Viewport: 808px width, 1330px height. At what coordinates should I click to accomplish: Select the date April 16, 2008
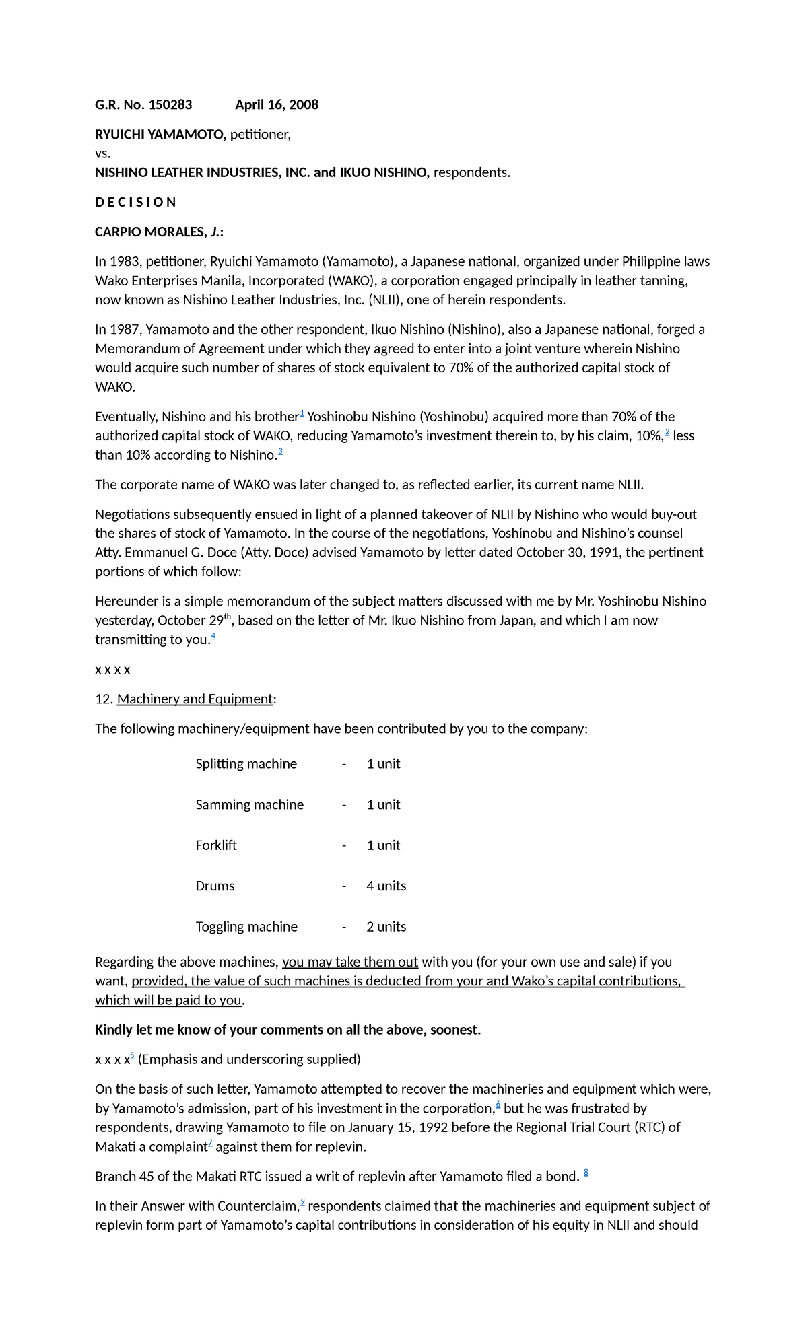[277, 104]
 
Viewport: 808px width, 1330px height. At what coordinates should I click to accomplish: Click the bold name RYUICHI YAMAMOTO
[160, 135]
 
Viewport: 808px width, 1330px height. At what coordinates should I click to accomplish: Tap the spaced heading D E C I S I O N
[135, 202]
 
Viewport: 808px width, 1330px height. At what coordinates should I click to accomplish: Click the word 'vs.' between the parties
[102, 153]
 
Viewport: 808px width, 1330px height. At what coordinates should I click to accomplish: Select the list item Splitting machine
[246, 764]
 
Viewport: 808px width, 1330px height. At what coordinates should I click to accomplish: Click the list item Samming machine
[249, 804]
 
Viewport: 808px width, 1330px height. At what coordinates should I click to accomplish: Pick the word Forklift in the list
[216, 845]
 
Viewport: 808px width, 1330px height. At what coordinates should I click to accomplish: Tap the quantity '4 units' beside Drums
[386, 886]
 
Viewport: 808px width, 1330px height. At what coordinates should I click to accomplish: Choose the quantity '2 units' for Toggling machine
[386, 927]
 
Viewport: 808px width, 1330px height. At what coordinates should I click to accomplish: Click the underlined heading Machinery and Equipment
[195, 699]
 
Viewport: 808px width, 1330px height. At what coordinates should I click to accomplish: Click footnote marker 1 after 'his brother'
[302, 413]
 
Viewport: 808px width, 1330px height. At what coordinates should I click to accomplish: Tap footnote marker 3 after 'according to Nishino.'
[280, 452]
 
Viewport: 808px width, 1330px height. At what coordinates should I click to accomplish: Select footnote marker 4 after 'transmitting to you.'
[213, 635]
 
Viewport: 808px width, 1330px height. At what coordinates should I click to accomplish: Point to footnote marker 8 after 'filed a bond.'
[586, 1173]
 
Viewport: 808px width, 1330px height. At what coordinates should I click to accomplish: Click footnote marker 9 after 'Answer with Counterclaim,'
[303, 1202]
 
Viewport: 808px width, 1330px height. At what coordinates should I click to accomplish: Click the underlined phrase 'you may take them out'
[350, 962]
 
